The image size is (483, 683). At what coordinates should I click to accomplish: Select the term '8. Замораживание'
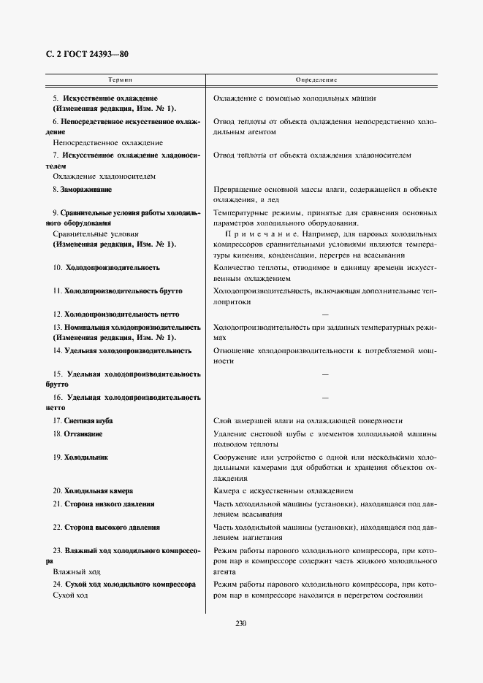tap(82, 190)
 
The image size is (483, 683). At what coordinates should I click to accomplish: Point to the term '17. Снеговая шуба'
tap(83, 421)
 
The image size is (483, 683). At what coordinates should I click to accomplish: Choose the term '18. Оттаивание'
tap(77, 434)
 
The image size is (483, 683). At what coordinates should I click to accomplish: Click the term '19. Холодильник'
tap(80, 457)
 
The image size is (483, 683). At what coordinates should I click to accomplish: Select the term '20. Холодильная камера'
tap(93, 491)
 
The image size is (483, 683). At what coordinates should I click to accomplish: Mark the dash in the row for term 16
tap(324, 398)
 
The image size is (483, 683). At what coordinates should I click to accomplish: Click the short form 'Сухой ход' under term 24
tap(70, 596)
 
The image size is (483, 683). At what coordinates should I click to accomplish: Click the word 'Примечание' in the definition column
tap(251, 234)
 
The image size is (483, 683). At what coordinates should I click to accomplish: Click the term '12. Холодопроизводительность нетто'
tap(115, 315)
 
